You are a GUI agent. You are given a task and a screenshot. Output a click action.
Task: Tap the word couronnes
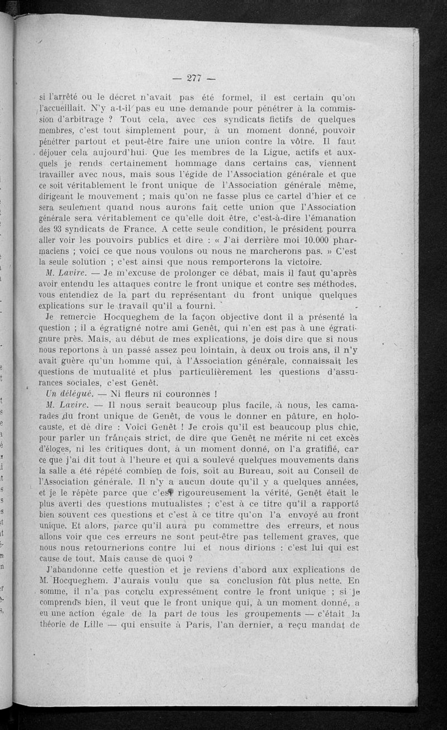pyautogui.click(x=181, y=394)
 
